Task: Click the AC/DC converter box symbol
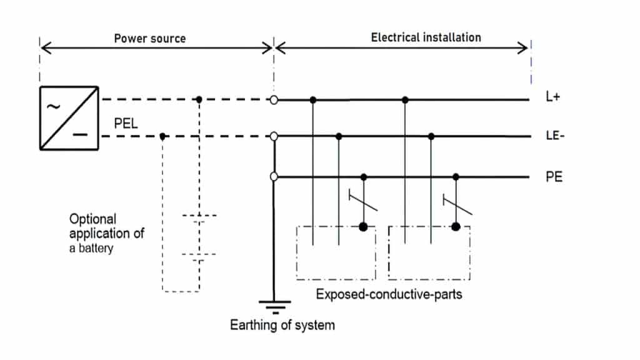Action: (69, 118)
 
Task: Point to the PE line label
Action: (554, 177)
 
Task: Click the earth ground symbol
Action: (274, 306)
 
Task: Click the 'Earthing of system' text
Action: (282, 325)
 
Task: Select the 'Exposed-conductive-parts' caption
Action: (389, 294)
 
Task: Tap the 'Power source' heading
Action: (149, 38)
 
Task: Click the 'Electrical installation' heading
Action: (426, 37)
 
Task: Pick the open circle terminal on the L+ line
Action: (274, 99)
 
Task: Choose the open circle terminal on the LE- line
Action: (274, 136)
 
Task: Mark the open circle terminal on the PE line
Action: (274, 177)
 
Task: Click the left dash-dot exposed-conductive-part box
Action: (336, 253)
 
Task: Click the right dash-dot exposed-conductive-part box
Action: (429, 253)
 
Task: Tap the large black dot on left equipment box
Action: (363, 226)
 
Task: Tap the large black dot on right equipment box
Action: (456, 226)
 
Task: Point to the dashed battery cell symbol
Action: (199, 236)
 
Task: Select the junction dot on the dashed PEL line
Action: (162, 136)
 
